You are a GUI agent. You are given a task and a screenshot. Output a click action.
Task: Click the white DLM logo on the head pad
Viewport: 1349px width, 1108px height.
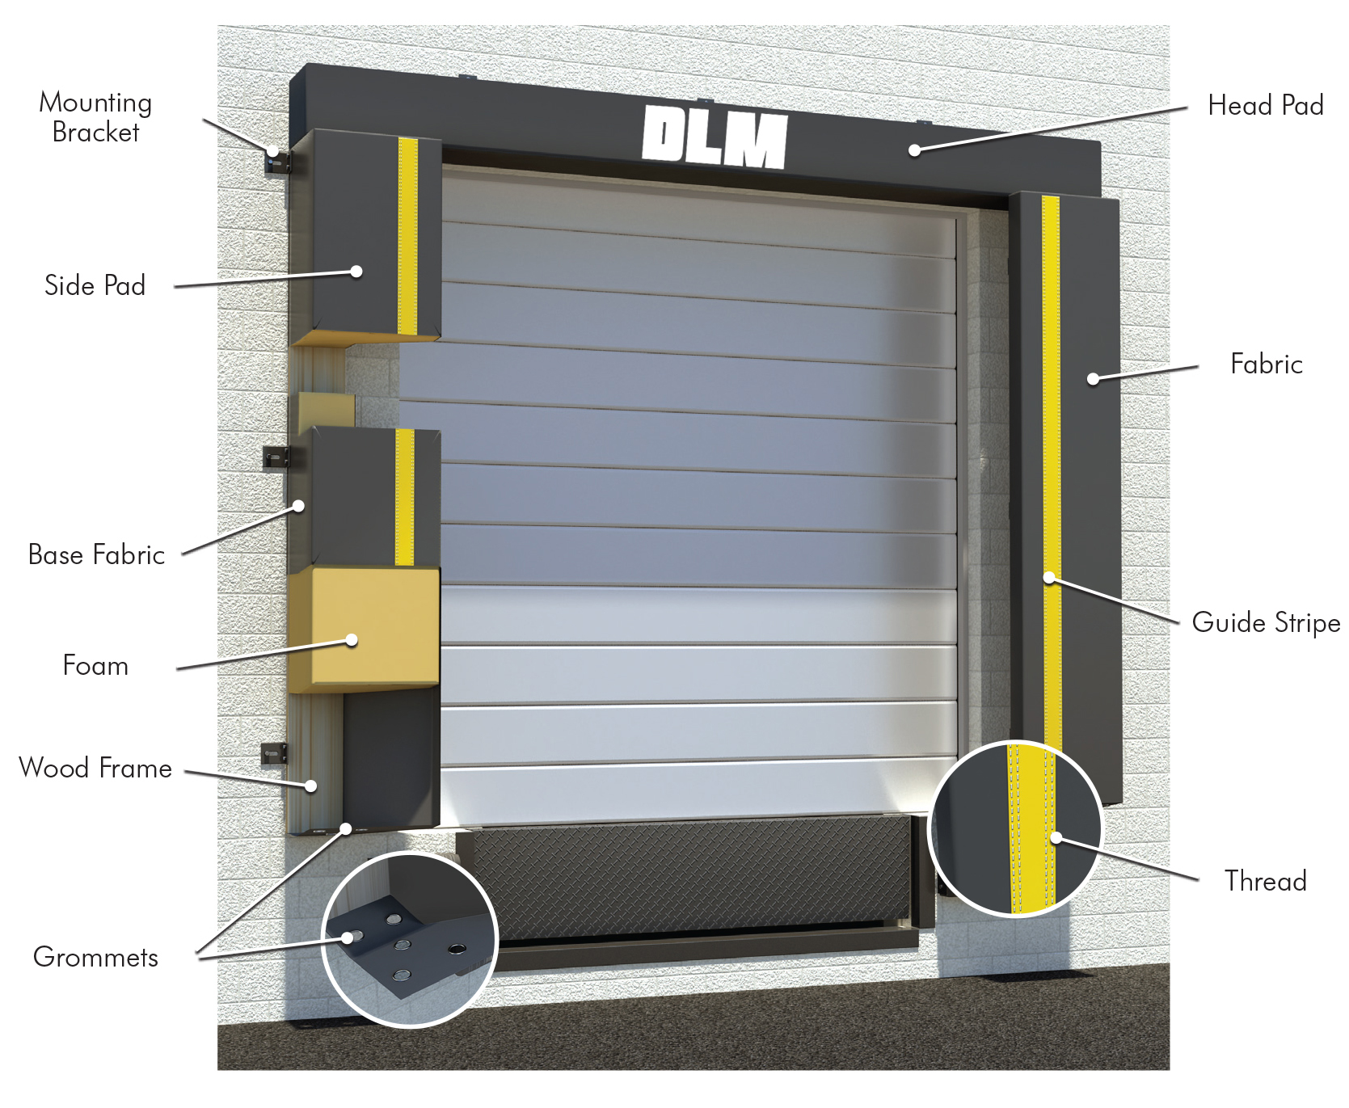[715, 137]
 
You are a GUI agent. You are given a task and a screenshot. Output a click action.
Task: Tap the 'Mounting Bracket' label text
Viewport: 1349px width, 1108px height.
[95, 117]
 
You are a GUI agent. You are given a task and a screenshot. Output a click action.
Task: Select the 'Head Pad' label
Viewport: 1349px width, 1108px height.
[1266, 105]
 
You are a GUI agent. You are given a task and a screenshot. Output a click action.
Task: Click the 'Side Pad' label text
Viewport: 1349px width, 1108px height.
[95, 285]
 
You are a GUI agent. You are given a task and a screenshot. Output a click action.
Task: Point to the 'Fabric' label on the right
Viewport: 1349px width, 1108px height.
[1267, 364]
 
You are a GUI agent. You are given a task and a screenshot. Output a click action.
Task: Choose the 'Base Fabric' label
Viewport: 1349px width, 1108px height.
[96, 554]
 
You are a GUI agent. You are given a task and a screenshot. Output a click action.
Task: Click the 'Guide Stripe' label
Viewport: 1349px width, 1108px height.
[1266, 623]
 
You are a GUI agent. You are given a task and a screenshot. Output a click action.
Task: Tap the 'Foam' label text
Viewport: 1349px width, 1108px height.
[95, 665]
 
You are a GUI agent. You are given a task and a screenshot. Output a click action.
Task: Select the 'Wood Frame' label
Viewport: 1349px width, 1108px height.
[95, 768]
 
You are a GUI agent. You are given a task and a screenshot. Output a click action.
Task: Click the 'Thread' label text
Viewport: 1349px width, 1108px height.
[1265, 881]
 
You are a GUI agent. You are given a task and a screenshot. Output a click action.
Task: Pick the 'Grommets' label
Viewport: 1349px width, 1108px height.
[96, 957]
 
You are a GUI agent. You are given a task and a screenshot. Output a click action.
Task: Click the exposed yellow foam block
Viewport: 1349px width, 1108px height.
[364, 630]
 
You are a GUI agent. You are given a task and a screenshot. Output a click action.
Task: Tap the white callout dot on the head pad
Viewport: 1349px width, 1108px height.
[915, 150]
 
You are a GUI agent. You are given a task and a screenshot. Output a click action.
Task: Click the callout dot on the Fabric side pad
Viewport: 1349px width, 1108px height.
[1093, 378]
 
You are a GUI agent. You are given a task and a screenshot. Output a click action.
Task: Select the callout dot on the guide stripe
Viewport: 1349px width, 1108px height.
[1049, 577]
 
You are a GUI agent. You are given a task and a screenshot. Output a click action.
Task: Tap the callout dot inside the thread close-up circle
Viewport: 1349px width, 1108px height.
[1056, 838]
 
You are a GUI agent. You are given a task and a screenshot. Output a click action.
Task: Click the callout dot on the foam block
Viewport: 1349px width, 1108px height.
[352, 640]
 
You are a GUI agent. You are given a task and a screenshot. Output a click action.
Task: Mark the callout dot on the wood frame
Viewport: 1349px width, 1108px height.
[310, 786]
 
